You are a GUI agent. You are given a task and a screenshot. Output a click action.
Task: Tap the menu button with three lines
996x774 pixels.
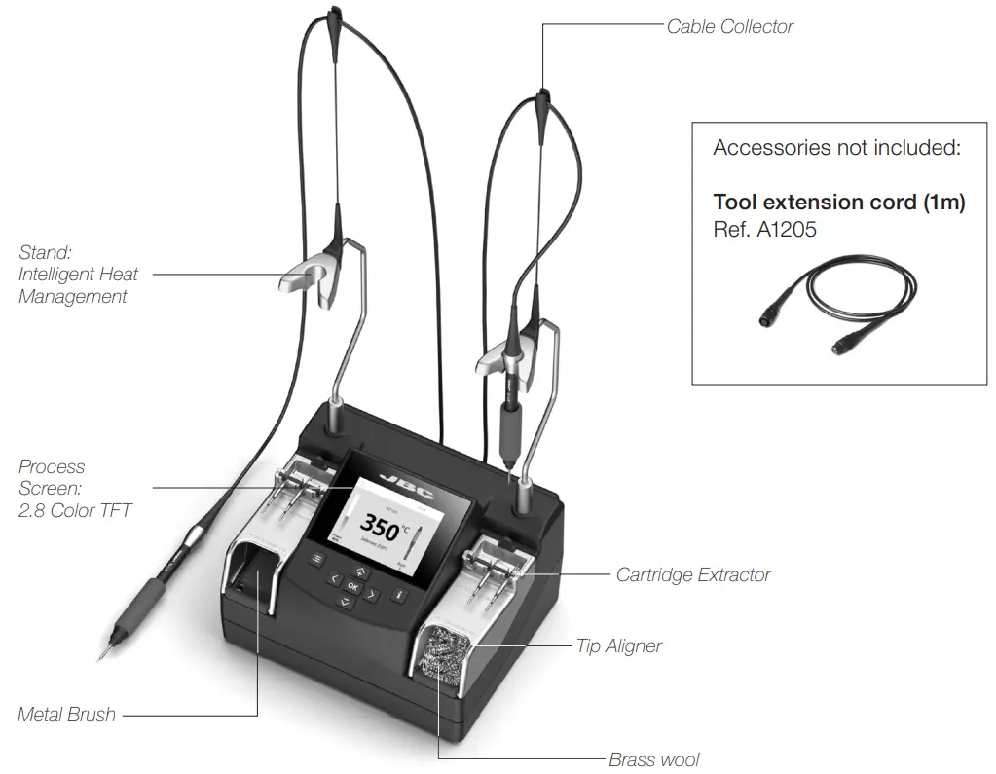tap(316, 559)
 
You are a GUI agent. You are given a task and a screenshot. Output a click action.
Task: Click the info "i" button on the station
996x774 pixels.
tap(397, 594)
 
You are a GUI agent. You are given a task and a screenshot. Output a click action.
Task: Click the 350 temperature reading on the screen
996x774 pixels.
tap(374, 529)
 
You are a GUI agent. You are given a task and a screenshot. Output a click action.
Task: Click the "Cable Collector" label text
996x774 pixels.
tap(729, 27)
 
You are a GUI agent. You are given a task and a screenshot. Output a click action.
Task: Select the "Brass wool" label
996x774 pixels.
tap(653, 759)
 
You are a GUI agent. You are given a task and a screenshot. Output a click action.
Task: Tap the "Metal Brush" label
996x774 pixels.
tap(66, 715)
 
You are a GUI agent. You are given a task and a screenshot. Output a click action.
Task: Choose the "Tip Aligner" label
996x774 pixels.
tap(620, 645)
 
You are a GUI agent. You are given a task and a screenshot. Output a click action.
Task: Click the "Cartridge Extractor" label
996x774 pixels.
tap(692, 574)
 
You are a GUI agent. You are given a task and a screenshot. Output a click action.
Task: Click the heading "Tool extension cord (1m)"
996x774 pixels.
tap(838, 203)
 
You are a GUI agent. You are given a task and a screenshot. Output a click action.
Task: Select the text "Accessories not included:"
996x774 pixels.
tap(836, 148)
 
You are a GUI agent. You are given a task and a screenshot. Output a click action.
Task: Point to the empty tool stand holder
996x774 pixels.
tap(307, 277)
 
